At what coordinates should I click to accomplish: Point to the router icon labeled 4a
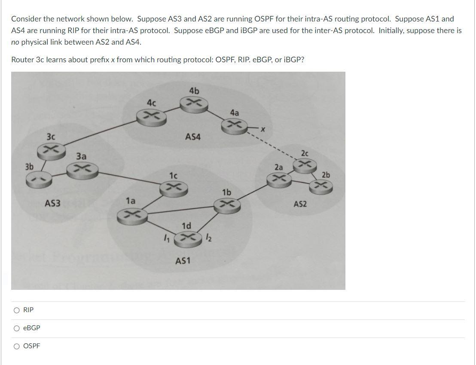[x=235, y=125]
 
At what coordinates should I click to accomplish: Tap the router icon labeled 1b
[x=228, y=204]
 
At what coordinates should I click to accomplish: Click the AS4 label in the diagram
[x=193, y=137]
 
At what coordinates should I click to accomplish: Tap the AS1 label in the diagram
[x=183, y=261]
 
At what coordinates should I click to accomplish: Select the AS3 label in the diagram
[x=53, y=203]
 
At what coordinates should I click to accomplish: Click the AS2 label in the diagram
[x=300, y=204]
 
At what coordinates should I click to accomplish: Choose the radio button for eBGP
[x=17, y=328]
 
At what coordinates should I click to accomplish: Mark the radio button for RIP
[x=17, y=310]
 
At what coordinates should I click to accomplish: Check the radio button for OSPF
[x=17, y=346]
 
